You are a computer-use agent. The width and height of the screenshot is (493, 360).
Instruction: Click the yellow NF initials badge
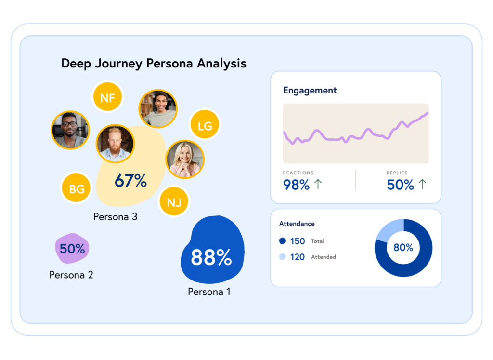[107, 98]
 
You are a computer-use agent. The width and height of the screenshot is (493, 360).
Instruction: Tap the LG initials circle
[205, 126]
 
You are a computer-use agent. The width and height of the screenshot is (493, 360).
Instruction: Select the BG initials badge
[77, 189]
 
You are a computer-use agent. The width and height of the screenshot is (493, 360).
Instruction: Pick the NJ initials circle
[174, 202]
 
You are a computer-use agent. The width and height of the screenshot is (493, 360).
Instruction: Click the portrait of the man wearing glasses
[70, 130]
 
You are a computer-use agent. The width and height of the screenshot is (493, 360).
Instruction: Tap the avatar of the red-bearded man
[115, 144]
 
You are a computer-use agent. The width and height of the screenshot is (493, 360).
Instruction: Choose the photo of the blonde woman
[185, 160]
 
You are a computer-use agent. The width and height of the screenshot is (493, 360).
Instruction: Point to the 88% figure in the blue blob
[211, 257]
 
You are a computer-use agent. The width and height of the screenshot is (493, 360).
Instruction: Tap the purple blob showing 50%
[72, 249]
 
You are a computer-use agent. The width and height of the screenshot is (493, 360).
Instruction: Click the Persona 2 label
[71, 275]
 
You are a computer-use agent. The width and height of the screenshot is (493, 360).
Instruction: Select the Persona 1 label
[209, 292]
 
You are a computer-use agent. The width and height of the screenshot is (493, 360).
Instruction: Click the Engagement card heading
[310, 90]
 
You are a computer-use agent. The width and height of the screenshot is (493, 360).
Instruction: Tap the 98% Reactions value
[296, 185]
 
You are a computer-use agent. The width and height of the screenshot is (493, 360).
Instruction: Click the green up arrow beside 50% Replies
[422, 184]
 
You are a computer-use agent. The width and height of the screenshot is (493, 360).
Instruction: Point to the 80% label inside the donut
[403, 248]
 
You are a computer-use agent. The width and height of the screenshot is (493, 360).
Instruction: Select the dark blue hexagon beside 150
[282, 241]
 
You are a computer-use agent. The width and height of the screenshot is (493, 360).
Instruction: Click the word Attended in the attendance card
[324, 257]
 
